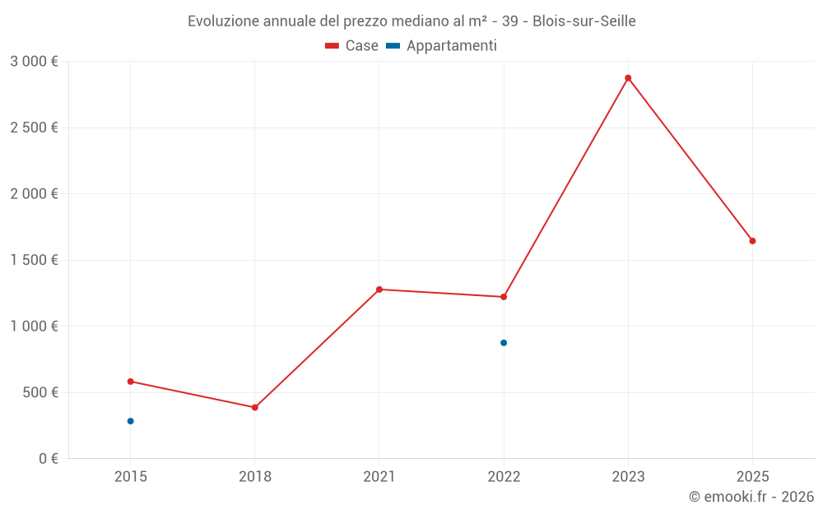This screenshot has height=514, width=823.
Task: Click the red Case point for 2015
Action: (130, 382)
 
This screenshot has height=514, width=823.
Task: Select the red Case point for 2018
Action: (255, 407)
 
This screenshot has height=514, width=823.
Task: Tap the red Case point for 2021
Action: (379, 289)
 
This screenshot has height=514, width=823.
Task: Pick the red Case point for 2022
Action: (504, 297)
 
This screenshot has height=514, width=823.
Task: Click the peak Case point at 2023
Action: (628, 78)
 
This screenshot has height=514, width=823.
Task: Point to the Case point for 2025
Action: (752, 241)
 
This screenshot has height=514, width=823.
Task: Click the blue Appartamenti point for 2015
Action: (130, 421)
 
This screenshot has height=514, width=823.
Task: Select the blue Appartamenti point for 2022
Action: (504, 343)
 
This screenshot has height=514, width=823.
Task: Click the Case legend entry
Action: (352, 46)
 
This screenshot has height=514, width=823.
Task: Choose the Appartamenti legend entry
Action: (442, 46)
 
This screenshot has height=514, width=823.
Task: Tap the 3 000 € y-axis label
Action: (34, 62)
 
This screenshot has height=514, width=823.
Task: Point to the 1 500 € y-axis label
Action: (34, 260)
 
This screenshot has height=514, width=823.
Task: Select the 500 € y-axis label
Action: (40, 392)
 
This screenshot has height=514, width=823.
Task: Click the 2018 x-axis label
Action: (255, 476)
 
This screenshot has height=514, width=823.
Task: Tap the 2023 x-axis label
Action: (628, 476)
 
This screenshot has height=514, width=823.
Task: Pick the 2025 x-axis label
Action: (752, 476)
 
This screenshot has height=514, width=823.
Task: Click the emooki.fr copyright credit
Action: (751, 497)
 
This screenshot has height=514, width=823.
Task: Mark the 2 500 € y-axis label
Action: (34, 127)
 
